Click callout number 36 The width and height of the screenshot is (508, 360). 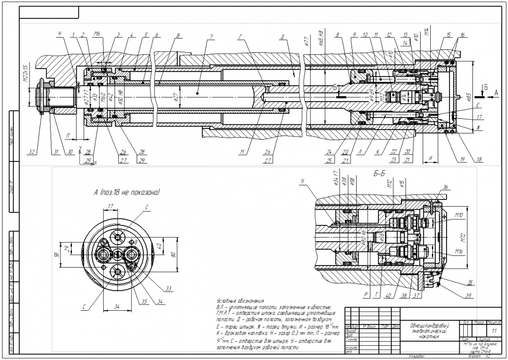(446, 188)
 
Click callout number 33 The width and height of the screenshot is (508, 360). (169, 288)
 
